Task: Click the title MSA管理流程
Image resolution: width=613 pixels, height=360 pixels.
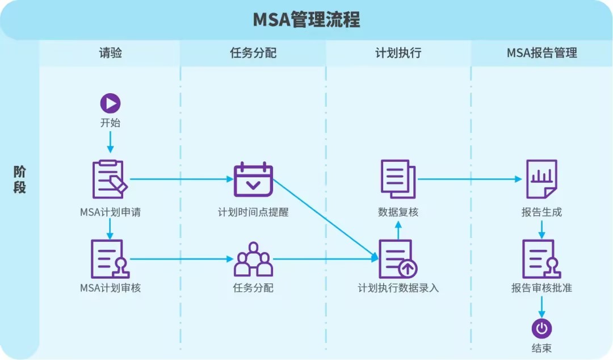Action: coord(306,20)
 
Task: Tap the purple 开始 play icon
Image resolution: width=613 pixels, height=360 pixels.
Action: coord(111,103)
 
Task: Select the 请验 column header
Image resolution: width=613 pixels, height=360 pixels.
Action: coord(111,53)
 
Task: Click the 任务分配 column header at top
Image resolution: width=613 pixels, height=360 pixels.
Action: coord(253,53)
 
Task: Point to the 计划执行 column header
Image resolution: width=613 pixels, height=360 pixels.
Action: coord(398,53)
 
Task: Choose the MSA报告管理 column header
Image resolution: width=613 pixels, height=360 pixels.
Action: coord(541,53)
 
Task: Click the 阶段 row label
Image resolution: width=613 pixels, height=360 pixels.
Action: coord(20,179)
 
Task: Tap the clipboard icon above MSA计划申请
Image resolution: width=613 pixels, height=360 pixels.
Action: coord(110,179)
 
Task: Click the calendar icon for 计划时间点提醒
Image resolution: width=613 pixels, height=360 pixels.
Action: coord(253,179)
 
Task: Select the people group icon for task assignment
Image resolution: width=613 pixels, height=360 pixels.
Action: coord(253,259)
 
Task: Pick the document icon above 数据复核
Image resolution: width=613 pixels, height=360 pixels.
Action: coord(398,179)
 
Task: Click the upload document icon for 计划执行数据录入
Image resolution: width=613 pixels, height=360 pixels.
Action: coord(398,259)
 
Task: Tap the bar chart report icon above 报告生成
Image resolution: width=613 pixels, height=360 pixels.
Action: coord(541,179)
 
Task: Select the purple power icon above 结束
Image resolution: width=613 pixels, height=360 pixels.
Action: coord(541,328)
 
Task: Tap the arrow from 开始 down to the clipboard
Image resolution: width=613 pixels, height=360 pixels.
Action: coord(111,141)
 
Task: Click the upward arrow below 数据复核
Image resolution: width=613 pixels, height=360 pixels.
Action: coord(398,230)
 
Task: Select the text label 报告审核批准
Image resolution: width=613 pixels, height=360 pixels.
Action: coord(541,288)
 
